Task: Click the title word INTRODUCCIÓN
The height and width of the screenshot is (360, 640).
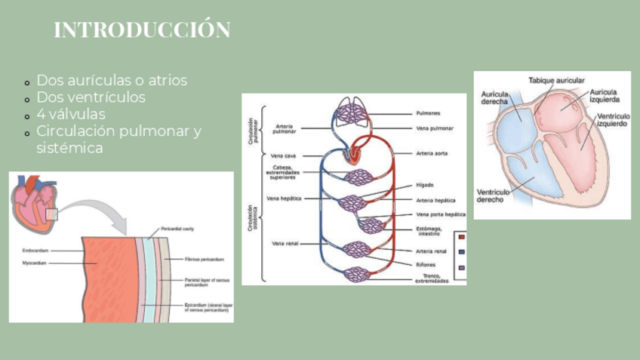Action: click(142, 31)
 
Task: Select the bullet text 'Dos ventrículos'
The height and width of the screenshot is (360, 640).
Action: click(91, 97)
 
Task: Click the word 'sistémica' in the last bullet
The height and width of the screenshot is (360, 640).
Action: click(69, 149)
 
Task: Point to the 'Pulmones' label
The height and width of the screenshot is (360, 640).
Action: click(428, 114)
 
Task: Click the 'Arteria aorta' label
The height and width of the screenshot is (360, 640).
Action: click(431, 153)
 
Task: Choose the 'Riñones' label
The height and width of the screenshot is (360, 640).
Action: click(426, 264)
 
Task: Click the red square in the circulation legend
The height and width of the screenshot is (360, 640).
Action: click(461, 237)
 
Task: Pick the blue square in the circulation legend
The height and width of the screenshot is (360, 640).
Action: click(461, 252)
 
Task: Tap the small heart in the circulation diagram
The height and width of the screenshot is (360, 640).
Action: click(353, 154)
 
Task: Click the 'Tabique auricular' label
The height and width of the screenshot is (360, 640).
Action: click(555, 80)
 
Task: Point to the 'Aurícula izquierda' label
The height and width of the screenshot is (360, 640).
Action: click(605, 96)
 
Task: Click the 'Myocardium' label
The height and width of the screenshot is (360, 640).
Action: click(34, 263)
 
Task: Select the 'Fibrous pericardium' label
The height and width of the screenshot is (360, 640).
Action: click(205, 259)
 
